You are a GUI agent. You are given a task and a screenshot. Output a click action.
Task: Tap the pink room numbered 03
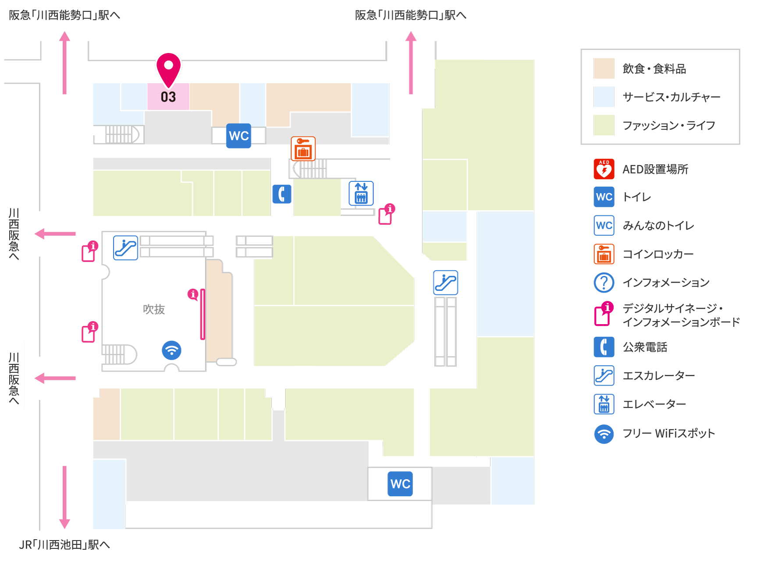pyautogui.click(x=168, y=97)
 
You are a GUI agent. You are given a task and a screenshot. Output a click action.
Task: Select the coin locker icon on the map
pyautogui.click(x=303, y=149)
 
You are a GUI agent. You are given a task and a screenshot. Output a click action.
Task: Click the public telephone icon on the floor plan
pyautogui.click(x=282, y=194)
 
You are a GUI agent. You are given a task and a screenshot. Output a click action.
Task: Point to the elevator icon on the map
pyautogui.click(x=361, y=193)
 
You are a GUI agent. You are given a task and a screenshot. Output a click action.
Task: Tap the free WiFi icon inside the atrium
pyautogui.click(x=171, y=350)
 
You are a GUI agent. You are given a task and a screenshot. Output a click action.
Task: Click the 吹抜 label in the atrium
pyautogui.click(x=154, y=309)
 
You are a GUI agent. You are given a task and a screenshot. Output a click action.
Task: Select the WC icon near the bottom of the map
pyautogui.click(x=400, y=484)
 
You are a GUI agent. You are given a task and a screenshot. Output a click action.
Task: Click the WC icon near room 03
pyautogui.click(x=239, y=136)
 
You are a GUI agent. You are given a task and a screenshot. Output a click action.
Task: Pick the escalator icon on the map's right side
pyautogui.click(x=446, y=283)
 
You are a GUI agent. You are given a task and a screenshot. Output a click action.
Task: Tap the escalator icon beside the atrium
pyautogui.click(x=126, y=248)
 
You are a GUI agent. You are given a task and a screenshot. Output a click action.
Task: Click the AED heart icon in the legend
pyautogui.click(x=604, y=169)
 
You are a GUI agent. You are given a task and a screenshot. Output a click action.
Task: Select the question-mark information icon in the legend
pyautogui.click(x=604, y=283)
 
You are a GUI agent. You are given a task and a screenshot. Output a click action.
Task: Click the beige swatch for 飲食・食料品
pyautogui.click(x=604, y=68)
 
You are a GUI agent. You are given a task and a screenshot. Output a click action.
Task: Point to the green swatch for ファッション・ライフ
pyautogui.click(x=604, y=125)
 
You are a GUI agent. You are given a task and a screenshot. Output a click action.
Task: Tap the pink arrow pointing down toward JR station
pyautogui.click(x=65, y=497)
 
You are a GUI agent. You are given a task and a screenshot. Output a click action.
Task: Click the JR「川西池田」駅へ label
pyautogui.click(x=64, y=544)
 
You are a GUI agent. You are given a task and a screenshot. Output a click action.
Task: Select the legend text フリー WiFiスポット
pyautogui.click(x=669, y=433)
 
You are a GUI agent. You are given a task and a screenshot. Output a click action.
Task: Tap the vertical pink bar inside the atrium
pyautogui.click(x=203, y=314)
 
